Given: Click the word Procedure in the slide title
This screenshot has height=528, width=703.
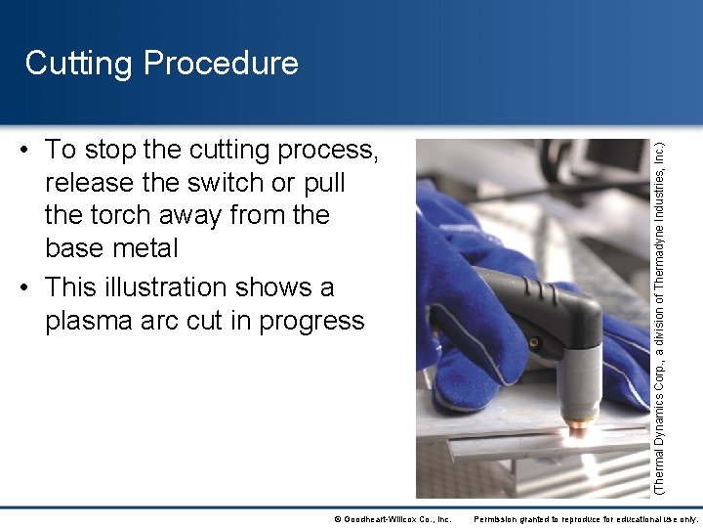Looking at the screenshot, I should [x=221, y=64].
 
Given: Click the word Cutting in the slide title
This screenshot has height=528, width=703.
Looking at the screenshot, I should [x=80, y=64].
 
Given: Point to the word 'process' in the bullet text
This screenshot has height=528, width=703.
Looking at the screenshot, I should [x=327, y=151].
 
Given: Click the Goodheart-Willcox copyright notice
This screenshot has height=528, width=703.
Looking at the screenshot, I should [x=392, y=518].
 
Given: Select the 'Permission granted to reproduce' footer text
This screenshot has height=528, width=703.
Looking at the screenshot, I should [x=586, y=518].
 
